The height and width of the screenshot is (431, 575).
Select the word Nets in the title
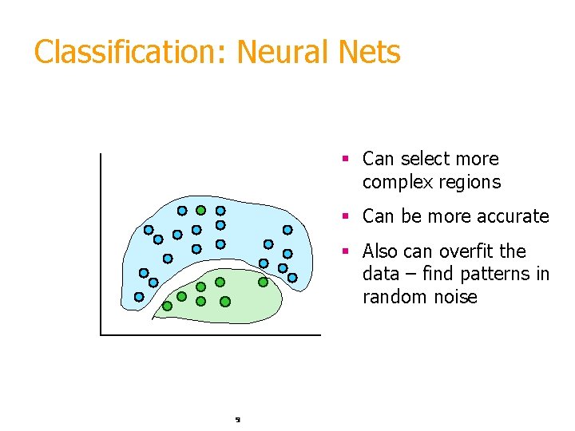(372, 53)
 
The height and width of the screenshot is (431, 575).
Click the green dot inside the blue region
(201, 211)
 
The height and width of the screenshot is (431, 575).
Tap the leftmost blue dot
(139, 297)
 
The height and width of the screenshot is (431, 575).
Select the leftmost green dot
(167, 306)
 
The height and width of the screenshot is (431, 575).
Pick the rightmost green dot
(263, 282)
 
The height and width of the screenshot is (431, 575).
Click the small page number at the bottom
(238, 418)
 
